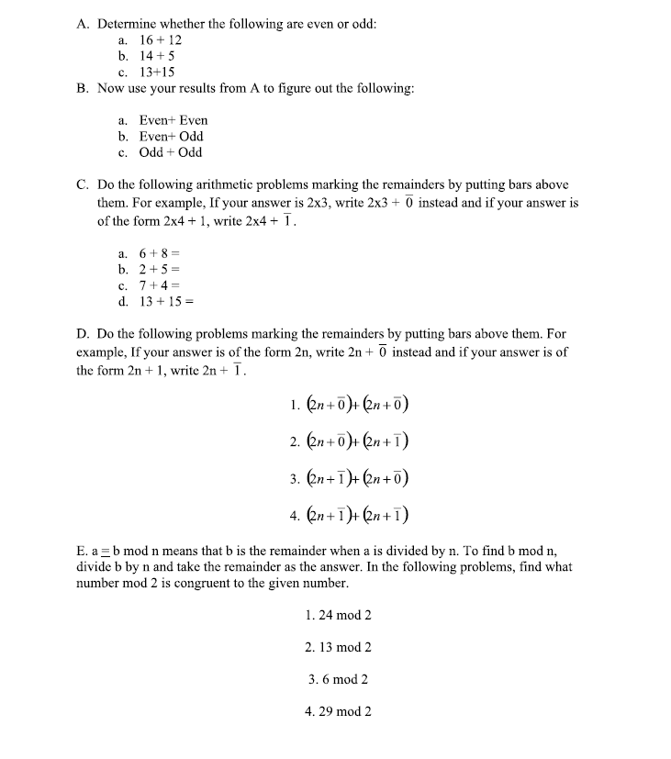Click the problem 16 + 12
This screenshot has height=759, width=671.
pos(160,40)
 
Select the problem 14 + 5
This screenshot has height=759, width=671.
pos(155,56)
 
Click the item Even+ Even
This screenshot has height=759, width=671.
pos(173,120)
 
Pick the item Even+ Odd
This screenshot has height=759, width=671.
pos(171,136)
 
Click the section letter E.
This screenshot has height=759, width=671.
pos(82,551)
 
